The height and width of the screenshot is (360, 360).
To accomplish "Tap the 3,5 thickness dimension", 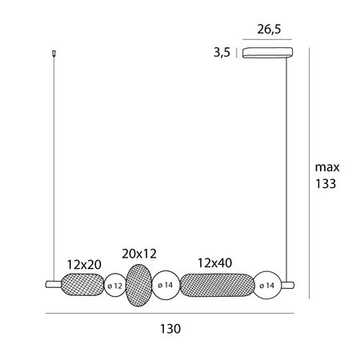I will point(222,54).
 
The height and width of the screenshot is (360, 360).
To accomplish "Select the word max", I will point(327,167).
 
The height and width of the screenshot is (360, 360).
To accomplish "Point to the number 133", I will point(326,184).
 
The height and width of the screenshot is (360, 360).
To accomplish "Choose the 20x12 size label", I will point(136,253).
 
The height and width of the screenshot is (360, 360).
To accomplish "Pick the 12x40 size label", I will point(214,263).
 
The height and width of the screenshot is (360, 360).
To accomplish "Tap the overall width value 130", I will point(170,329).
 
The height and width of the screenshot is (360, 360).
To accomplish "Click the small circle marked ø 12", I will point(115,285).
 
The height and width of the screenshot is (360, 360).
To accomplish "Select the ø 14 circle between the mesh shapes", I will point(166,285).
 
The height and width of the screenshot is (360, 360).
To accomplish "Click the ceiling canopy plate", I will point(268,54).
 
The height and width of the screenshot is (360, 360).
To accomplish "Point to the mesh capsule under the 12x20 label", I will point(82,284).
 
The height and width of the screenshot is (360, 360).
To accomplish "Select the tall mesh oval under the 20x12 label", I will point(139,284).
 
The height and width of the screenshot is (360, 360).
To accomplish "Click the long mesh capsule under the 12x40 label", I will point(217,284).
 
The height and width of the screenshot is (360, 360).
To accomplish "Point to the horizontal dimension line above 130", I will point(170,312).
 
